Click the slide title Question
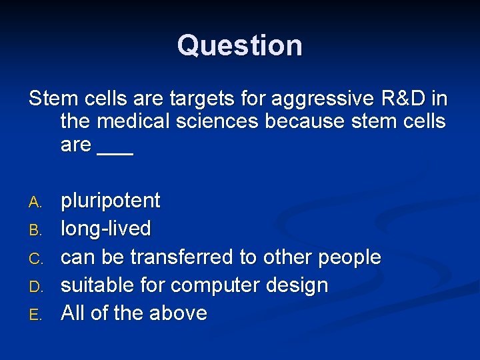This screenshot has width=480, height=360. pos(240,45)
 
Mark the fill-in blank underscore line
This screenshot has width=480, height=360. pos(115,152)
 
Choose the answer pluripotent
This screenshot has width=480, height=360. pos(111,201)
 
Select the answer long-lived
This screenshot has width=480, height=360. pos(106,229)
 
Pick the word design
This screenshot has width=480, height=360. pos(297,285)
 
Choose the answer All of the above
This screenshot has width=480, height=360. pos(134,313)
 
